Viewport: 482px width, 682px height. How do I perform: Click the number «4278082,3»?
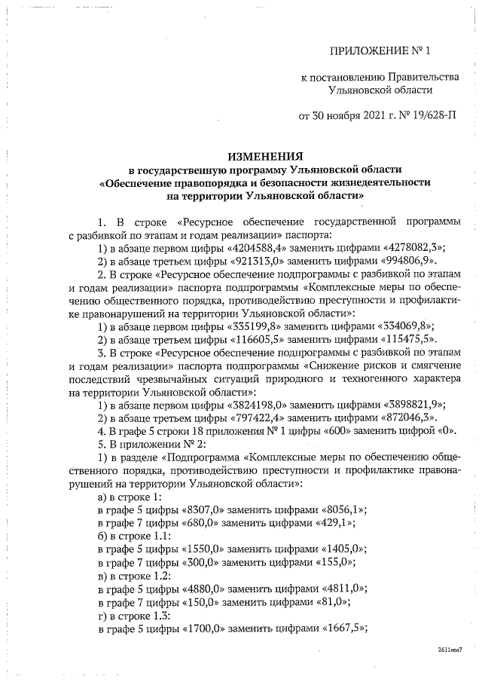[x=407, y=247]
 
